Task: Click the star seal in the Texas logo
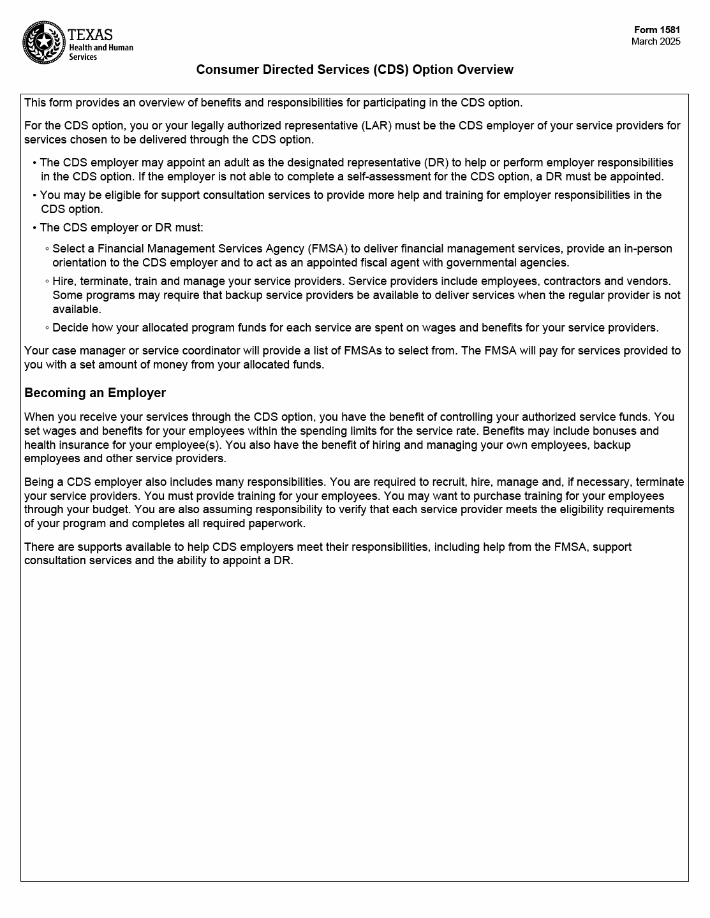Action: point(44,43)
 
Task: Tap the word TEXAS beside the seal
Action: point(90,34)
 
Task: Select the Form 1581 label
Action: point(657,30)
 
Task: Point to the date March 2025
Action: point(656,41)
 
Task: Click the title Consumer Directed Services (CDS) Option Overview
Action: point(355,69)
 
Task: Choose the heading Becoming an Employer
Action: point(95,393)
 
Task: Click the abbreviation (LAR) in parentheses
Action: point(376,126)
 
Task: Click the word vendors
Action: point(649,281)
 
